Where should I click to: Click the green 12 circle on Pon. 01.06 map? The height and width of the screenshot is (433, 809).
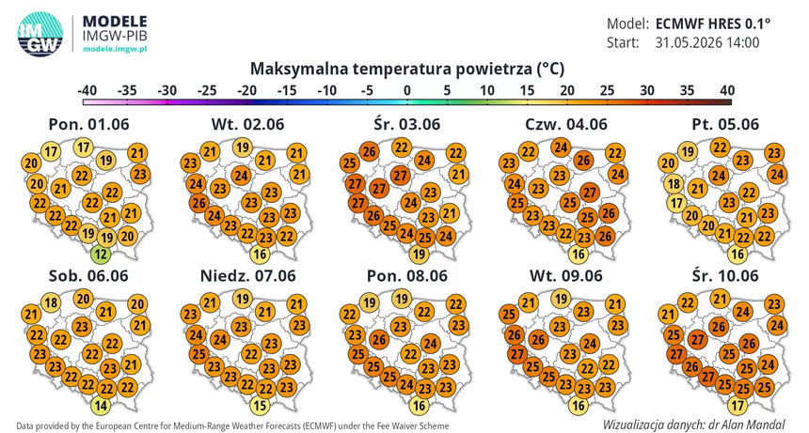(x=101, y=254)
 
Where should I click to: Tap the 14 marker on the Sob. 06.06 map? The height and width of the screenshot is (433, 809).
(x=101, y=406)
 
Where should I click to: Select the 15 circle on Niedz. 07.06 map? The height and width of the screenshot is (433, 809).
(x=260, y=406)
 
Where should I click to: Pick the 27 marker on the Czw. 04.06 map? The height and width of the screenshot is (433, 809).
(x=589, y=193)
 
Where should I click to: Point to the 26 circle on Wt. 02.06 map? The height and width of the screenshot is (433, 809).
(x=199, y=203)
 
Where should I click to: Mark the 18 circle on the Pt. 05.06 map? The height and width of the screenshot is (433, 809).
(x=674, y=184)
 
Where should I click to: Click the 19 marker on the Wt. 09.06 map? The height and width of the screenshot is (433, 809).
(x=561, y=299)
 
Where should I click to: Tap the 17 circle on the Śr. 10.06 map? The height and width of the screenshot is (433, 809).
(x=738, y=406)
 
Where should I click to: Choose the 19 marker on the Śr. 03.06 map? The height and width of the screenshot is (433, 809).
(x=419, y=254)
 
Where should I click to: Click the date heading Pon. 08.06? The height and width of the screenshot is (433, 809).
(x=407, y=276)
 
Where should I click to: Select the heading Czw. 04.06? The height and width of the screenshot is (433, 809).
(x=566, y=125)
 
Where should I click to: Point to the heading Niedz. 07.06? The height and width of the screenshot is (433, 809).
(x=248, y=276)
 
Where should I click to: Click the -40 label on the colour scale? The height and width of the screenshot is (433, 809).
(x=87, y=90)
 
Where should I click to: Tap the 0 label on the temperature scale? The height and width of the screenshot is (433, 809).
(x=407, y=90)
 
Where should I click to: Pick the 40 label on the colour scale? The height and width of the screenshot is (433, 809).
(x=727, y=90)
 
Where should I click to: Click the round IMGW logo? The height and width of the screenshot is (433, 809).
(x=40, y=34)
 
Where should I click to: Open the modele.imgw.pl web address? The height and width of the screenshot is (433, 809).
(x=115, y=49)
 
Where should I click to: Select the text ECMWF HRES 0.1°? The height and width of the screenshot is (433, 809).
(x=713, y=23)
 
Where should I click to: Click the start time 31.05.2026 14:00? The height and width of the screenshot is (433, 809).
(x=707, y=42)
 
